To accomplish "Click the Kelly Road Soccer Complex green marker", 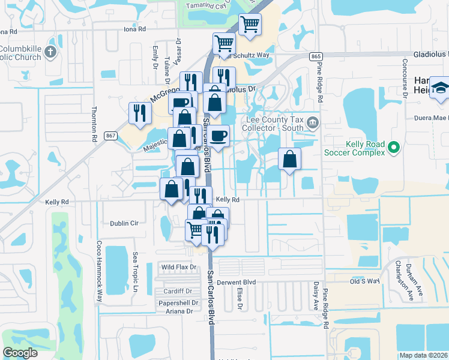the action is pyautogui.click(x=394, y=146).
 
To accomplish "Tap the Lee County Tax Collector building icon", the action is pyautogui.click(x=312, y=123).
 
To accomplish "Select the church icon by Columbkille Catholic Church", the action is pyautogui.click(x=50, y=53).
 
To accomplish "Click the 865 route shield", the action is pyautogui.click(x=316, y=56).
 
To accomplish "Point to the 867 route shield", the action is pyautogui.click(x=110, y=136).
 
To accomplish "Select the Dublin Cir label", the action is pyautogui.click(x=124, y=223).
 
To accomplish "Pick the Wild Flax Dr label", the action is pyautogui.click(x=179, y=266).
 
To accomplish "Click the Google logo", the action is pyautogui.click(x=20, y=353).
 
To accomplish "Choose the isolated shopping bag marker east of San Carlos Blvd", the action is pyautogui.click(x=289, y=160).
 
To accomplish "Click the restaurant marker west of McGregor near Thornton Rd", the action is pyautogui.click(x=140, y=113).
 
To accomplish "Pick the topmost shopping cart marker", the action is pyautogui.click(x=250, y=25).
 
